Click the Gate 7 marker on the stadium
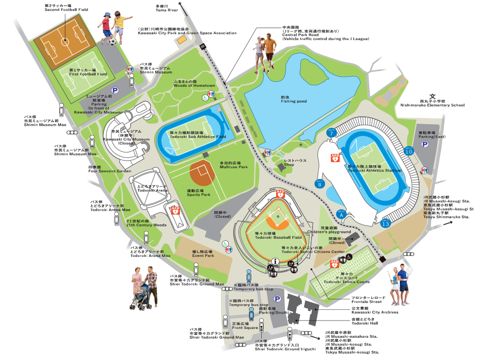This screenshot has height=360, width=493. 331,133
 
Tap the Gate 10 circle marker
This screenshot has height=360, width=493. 409,151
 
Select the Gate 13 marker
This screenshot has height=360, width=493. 386,223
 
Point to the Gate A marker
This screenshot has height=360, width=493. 341,213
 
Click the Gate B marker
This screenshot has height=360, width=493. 319,184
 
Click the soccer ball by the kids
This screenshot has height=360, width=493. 113,42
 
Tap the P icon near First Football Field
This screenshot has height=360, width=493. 115,90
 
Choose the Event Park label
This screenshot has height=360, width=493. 203,253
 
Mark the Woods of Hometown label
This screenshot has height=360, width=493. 194,84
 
